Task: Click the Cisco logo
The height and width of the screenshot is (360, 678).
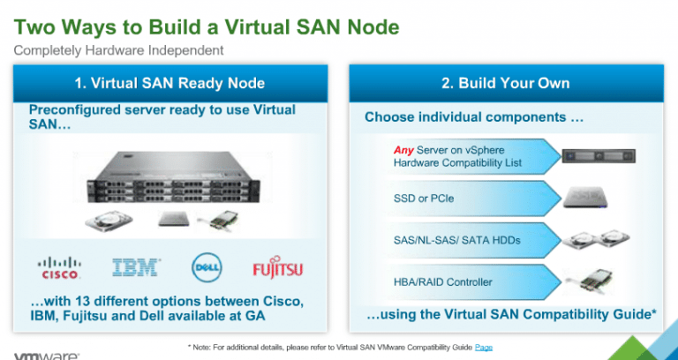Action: coord(59,268)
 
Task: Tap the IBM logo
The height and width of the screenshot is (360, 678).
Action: coord(136,267)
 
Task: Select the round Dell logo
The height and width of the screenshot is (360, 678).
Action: coord(207,267)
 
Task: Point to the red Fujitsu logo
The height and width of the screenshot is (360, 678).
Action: coord(277,269)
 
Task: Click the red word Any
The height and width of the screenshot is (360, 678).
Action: coord(403,150)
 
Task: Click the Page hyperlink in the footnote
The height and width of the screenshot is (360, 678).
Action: coord(484,347)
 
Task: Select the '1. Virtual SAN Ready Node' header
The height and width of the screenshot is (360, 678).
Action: coord(169,83)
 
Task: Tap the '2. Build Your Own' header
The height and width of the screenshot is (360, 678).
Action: coord(506,83)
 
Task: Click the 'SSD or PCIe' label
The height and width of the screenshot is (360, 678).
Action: coord(424,199)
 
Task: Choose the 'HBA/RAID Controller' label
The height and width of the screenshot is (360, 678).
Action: coord(443,282)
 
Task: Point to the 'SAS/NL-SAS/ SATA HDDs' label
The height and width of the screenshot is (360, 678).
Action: coord(457,240)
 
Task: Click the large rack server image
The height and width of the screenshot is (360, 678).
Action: coord(173,177)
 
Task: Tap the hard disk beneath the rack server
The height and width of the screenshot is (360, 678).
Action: coord(109,221)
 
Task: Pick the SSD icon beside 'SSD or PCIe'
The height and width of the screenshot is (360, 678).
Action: coord(585,198)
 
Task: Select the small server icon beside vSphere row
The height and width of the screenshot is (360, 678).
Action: coord(598,156)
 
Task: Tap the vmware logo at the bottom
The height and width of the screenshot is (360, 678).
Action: coord(47,357)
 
